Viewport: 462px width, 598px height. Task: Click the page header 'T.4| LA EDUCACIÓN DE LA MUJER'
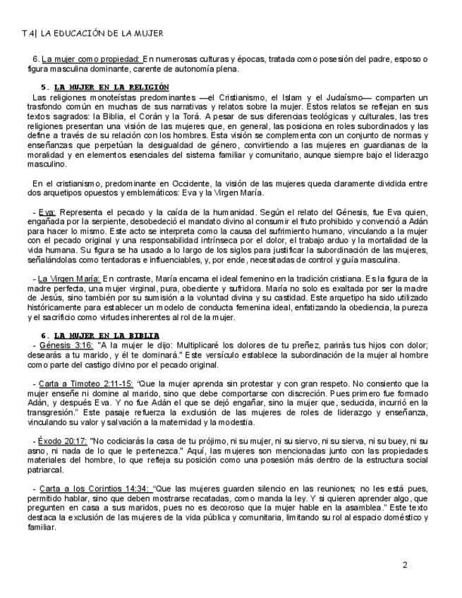pyautogui.click(x=92, y=33)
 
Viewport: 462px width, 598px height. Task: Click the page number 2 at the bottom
pyautogui.click(x=405, y=565)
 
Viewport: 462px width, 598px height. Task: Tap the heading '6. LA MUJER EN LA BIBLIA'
pyautogui.click(x=100, y=334)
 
